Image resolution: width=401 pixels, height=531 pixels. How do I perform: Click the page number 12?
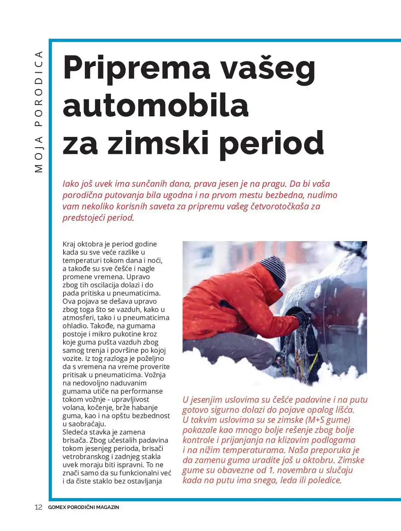[x=38, y=507]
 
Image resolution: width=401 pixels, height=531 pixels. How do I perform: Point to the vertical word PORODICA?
[x=39, y=89]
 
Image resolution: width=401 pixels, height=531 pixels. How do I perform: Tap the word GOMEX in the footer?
[x=57, y=507]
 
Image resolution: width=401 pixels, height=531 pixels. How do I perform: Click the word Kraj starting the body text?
[x=69, y=244]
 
